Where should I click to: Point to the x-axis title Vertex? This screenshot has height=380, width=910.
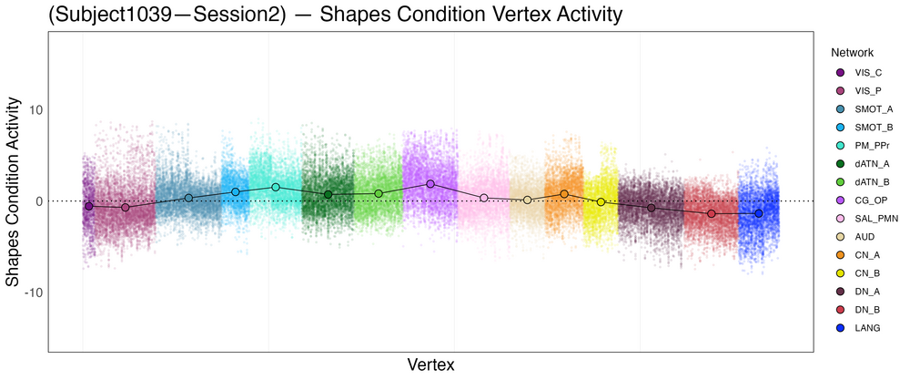pyautogui.click(x=430, y=365)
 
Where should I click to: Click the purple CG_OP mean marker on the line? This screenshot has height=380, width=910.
pyautogui.click(x=430, y=184)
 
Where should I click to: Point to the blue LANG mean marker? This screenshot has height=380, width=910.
pyautogui.click(x=758, y=213)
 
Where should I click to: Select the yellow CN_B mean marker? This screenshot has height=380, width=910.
pyautogui.click(x=601, y=202)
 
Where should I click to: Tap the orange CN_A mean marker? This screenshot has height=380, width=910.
pyautogui.click(x=564, y=194)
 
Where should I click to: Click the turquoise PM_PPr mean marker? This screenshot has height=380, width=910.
pyautogui.click(x=276, y=187)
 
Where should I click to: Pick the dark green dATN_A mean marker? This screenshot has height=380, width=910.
pyautogui.click(x=328, y=194)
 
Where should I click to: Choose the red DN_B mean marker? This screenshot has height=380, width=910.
pyautogui.click(x=712, y=213)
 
